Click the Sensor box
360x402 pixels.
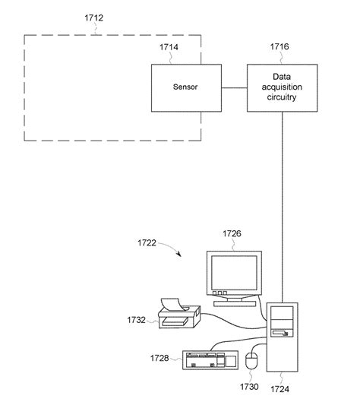185,88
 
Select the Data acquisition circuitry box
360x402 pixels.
281,87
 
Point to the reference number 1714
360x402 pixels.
169,47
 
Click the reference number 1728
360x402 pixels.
161,357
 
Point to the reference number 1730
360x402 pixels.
251,386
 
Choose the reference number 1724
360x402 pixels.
282,386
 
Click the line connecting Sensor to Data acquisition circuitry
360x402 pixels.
234,88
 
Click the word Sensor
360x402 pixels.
185,88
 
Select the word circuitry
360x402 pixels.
281,98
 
